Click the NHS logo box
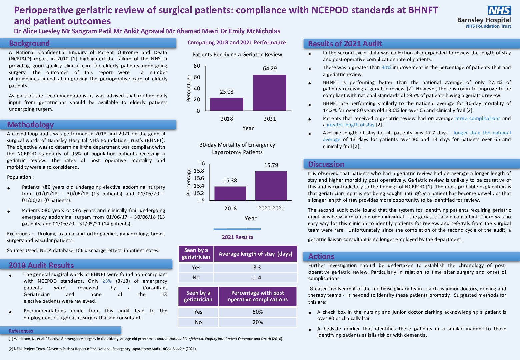click(499, 10)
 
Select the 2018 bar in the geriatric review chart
click(227, 104)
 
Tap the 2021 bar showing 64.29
click(270, 93)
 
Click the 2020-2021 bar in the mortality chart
click(271, 186)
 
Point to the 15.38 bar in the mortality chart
click(230, 193)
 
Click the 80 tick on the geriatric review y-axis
click(197, 66)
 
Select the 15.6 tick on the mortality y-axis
click(199, 178)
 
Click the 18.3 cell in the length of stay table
click(255, 268)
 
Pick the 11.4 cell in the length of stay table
click(255, 278)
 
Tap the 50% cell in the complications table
click(257, 312)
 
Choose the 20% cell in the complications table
click(257, 322)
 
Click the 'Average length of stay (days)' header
click(255, 254)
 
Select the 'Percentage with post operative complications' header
click(257, 296)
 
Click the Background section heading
click(29, 43)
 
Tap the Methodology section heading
click(30, 125)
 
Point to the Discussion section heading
click(326, 164)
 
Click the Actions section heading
click(321, 256)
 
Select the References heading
click(21, 331)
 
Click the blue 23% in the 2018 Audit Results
click(107, 281)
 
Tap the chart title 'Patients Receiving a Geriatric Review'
click(237, 55)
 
